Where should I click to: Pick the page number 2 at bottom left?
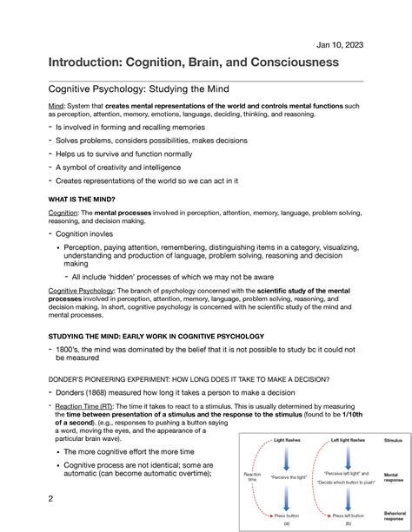coord(51,498)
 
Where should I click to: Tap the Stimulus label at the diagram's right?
coord(393,441)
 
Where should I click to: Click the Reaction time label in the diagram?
coord(252,476)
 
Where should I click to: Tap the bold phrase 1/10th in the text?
coord(366,415)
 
